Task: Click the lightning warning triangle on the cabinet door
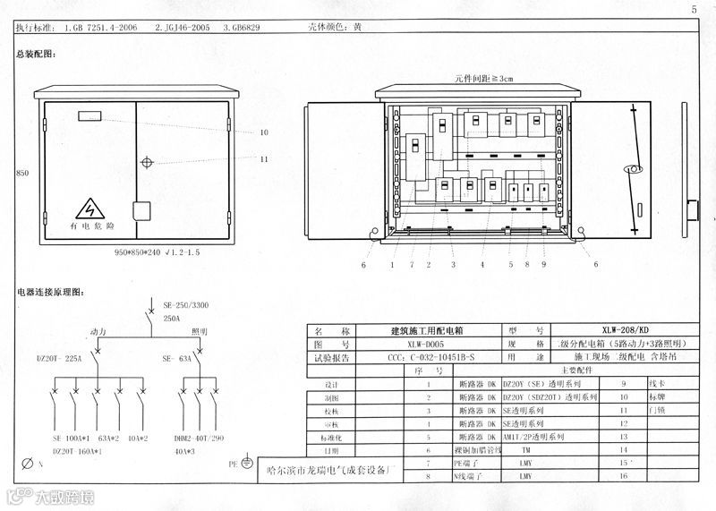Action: click(90, 209)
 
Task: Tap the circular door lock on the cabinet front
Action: click(147, 162)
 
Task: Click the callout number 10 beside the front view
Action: click(264, 132)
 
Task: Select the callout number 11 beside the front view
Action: click(264, 159)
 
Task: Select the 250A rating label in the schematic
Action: click(172, 318)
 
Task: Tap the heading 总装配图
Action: click(36, 55)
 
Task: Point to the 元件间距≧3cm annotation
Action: click(483, 79)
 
